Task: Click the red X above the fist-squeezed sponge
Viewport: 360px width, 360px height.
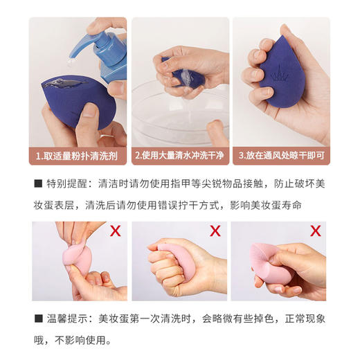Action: tap(215, 230)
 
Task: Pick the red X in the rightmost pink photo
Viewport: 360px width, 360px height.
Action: tap(316, 230)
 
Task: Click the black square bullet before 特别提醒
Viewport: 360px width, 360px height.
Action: tap(39, 184)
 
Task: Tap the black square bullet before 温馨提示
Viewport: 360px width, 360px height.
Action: tap(39, 320)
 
